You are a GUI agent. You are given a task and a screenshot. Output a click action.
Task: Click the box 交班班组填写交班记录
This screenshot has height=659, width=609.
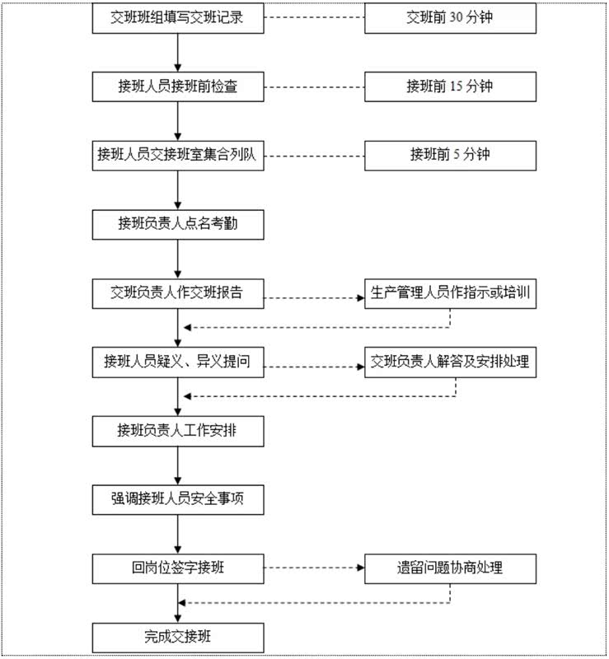coord(177,17)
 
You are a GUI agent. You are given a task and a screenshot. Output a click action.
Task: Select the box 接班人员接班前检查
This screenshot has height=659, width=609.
coord(177,86)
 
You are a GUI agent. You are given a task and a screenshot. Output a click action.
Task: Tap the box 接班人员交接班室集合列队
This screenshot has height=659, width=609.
coord(177,154)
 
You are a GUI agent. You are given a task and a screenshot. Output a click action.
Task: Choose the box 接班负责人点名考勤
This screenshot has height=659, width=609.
coord(177,223)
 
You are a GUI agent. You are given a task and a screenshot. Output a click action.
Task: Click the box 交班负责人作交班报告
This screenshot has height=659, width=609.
coord(177,292)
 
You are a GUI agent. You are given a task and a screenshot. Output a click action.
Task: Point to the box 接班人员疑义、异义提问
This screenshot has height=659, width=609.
coord(177,361)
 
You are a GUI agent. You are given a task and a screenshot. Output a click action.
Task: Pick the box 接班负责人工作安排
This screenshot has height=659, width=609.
coord(177,430)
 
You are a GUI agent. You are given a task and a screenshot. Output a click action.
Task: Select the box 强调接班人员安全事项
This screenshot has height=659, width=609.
coord(177,498)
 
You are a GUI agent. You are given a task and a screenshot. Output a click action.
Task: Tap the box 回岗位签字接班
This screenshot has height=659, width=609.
coord(177,568)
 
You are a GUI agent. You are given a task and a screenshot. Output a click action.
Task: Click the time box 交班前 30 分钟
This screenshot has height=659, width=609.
coord(450,17)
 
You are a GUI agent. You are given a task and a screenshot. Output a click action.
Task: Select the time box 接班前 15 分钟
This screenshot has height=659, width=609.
coord(450,86)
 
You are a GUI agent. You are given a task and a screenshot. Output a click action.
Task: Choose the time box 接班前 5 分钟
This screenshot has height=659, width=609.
coord(450,154)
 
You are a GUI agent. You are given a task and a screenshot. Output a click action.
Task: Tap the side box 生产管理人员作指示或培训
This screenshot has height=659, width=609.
coord(450,292)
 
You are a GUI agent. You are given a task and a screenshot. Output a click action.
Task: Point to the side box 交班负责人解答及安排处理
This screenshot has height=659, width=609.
coord(450,361)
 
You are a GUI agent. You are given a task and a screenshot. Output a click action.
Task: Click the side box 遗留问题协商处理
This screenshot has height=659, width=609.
coord(450,568)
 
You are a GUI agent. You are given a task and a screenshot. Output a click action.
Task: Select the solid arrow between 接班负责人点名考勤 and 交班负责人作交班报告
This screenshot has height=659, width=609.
coord(177,258)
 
